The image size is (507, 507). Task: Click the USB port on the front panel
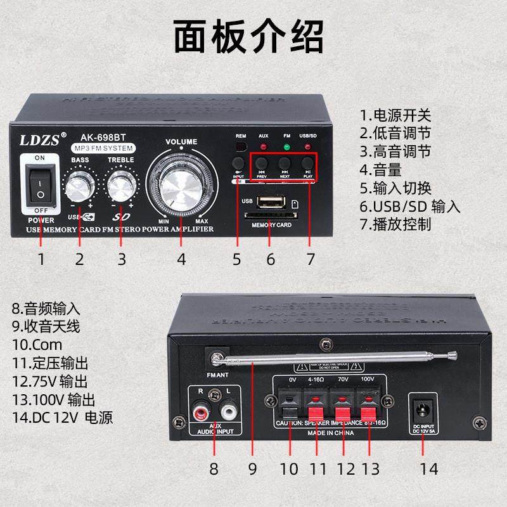272,202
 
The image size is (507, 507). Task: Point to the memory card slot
271,216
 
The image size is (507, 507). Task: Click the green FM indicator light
286,148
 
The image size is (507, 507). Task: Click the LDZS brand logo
39,138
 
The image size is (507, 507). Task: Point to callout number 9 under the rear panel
252,469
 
